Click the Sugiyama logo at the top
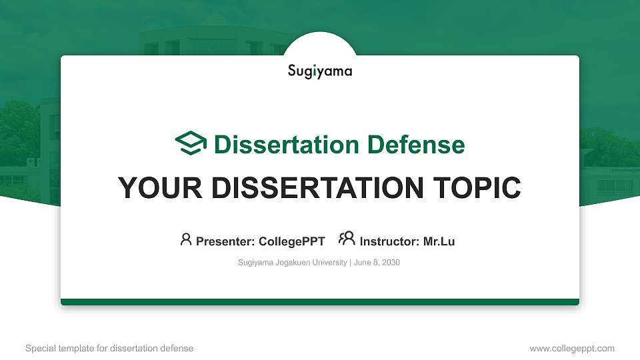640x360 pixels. click(x=320, y=71)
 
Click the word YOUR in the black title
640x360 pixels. click(x=155, y=188)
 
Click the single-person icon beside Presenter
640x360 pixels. click(x=186, y=239)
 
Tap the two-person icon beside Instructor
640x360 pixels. click(x=347, y=239)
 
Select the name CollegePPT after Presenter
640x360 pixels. click(x=291, y=241)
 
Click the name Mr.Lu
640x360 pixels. click(x=439, y=241)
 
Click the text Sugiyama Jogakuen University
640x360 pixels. click(x=292, y=263)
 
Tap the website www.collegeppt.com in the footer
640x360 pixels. click(x=571, y=348)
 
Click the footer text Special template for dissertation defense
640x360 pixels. click(x=109, y=348)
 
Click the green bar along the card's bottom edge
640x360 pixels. click(x=320, y=302)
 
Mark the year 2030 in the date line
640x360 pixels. click(x=391, y=263)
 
